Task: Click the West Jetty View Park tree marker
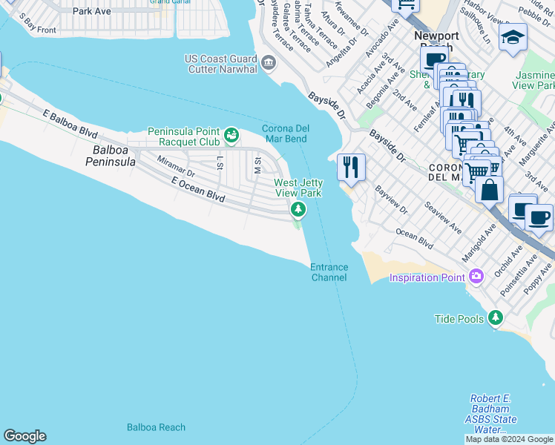(298, 210)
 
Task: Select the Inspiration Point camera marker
(476, 277)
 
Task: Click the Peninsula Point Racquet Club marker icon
(231, 134)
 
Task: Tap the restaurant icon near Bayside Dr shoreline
(351, 167)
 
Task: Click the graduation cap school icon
(513, 38)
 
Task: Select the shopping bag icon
(489, 190)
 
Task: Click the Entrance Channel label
(329, 272)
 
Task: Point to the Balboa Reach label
(156, 427)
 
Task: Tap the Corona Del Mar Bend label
(285, 133)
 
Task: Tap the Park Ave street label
(92, 12)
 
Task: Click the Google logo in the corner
(24, 436)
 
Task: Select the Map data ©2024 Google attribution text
(509, 439)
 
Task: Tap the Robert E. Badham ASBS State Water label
(490, 414)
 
